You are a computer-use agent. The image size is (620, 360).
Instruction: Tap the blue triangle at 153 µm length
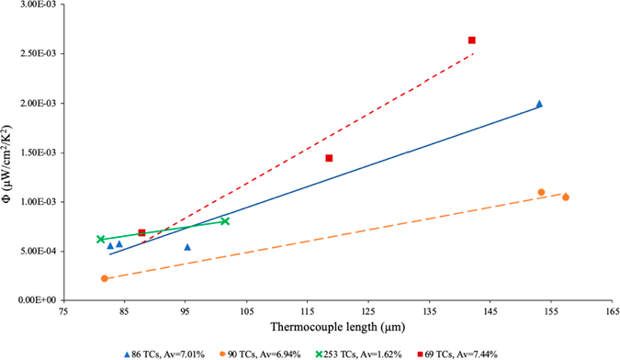[x=539, y=104]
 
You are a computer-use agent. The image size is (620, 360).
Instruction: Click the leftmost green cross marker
[x=101, y=240]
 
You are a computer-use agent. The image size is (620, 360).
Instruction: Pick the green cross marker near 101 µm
[x=225, y=221]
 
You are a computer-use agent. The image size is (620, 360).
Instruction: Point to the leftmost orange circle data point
[x=105, y=278]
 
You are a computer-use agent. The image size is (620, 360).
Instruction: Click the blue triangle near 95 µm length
[x=187, y=247]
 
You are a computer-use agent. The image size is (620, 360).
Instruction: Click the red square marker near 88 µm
[x=141, y=233]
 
